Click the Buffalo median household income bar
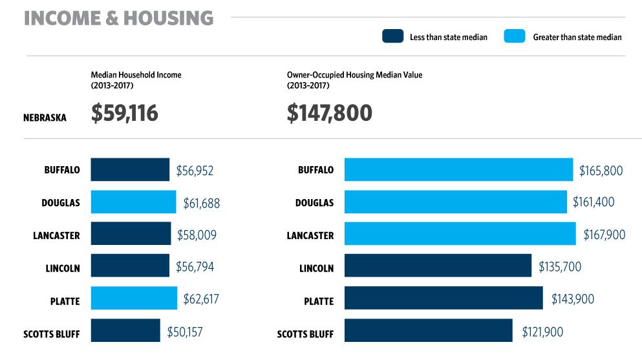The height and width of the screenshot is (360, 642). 129,170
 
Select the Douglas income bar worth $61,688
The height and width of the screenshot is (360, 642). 133,202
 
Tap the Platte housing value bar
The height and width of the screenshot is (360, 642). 444,299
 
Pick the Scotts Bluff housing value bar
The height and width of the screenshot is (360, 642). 428,330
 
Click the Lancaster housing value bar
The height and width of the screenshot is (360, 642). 460,234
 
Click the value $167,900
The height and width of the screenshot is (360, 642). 604,235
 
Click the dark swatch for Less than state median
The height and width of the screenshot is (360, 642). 392,37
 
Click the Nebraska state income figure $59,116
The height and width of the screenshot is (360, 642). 125,113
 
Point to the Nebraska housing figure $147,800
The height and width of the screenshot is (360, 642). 329,113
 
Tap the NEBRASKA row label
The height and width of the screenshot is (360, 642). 45,118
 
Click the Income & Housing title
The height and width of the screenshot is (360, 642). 118,18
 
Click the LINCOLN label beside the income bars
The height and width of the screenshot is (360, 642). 62,268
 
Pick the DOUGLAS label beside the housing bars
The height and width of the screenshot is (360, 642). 314,203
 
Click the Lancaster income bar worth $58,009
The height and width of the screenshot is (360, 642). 131,234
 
